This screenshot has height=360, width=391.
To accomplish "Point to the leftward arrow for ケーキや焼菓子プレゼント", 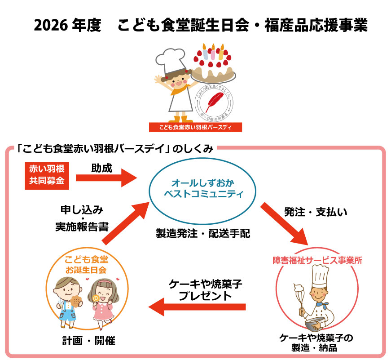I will click(x=197, y=307).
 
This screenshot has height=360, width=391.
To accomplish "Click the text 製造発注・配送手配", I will click(x=202, y=233).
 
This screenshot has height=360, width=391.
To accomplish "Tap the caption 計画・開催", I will click(x=88, y=340).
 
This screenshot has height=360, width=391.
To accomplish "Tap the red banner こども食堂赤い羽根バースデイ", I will click(x=195, y=127).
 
